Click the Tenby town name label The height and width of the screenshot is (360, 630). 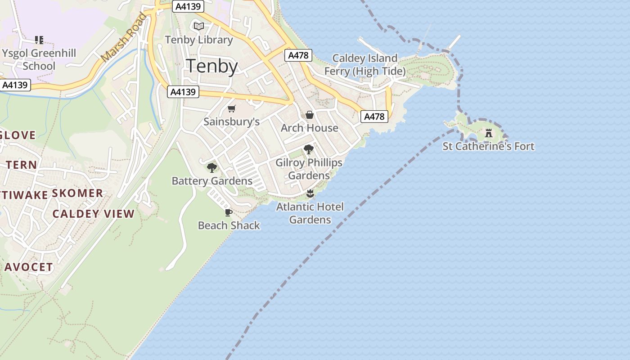[x=211, y=66]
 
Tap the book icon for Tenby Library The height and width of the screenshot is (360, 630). [x=199, y=26]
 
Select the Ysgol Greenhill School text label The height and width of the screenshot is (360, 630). [x=39, y=59]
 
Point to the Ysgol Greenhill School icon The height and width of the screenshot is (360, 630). [x=39, y=40]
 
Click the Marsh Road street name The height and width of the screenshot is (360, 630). [x=124, y=38]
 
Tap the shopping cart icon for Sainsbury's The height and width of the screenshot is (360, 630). [x=232, y=108]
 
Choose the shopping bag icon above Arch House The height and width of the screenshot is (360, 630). [x=310, y=115]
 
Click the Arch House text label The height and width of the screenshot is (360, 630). [x=310, y=128]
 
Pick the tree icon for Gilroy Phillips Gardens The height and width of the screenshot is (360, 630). [x=309, y=149]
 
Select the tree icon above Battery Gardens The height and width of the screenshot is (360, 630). [x=212, y=168]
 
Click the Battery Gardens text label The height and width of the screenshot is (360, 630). [x=212, y=181]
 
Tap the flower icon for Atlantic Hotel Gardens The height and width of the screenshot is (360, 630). [x=310, y=194]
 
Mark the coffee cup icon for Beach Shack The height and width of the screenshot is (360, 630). [x=229, y=212]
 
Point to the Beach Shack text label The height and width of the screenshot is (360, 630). [x=229, y=225]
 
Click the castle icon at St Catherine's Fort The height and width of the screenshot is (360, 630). [x=489, y=133]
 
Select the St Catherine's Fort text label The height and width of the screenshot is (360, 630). [x=489, y=146]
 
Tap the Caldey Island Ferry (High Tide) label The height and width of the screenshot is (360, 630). [x=365, y=64]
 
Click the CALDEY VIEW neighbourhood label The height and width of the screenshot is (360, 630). [x=94, y=214]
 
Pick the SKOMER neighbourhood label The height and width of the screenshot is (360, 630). [x=77, y=193]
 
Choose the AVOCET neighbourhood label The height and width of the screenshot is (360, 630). [x=29, y=267]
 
